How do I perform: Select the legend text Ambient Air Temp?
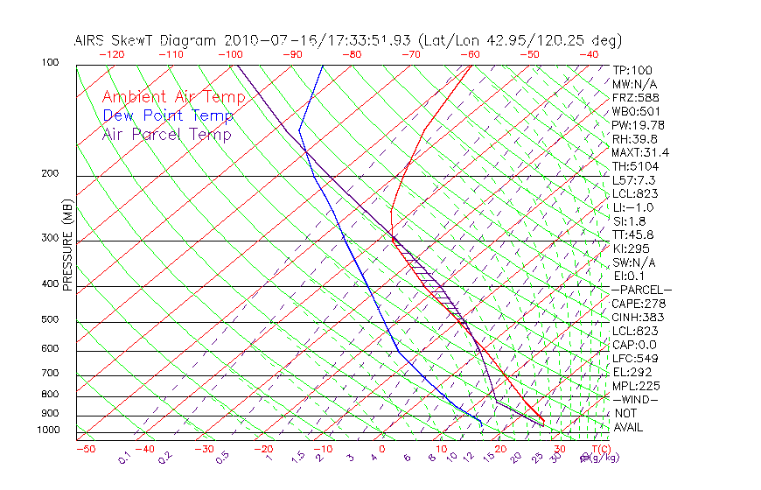pos(173,97)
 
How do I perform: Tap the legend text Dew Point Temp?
pos(168,115)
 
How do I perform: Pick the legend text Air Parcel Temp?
pos(166,134)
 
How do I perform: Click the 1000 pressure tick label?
pos(49,430)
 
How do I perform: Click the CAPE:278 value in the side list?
pos(635,304)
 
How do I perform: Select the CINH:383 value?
pos(635,318)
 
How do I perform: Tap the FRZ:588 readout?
pos(632,98)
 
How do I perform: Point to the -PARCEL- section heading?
pos(641,290)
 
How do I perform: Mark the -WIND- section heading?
pos(635,399)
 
